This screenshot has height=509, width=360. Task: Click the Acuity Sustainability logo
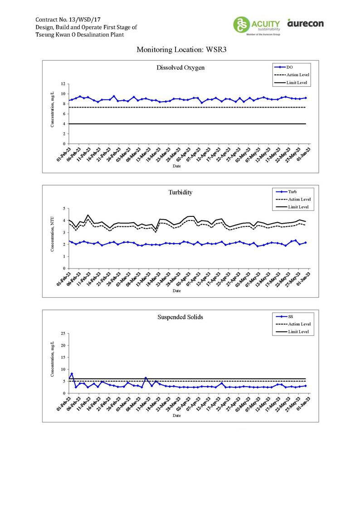(256, 25)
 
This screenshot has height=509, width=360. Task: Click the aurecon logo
(306, 23)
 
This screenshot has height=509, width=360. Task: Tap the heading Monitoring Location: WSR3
(181, 50)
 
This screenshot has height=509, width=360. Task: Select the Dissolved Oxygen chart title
(180, 68)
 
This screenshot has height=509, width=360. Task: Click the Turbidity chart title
(180, 192)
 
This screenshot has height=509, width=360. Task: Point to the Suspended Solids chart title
(180, 317)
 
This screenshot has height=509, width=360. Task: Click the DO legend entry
(290, 67)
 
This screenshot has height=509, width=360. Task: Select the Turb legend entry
(292, 192)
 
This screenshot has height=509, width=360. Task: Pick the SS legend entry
(290, 316)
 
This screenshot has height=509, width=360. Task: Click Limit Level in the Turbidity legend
(298, 207)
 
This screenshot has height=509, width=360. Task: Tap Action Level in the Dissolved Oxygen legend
(299, 75)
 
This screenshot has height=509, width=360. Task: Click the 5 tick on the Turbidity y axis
(64, 209)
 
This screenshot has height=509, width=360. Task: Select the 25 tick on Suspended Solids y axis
(63, 333)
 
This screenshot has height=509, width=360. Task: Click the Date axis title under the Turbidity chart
(177, 291)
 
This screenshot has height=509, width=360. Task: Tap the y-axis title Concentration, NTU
(53, 238)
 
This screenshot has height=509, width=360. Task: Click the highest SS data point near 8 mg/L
(72, 374)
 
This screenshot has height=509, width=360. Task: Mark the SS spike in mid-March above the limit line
(146, 377)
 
